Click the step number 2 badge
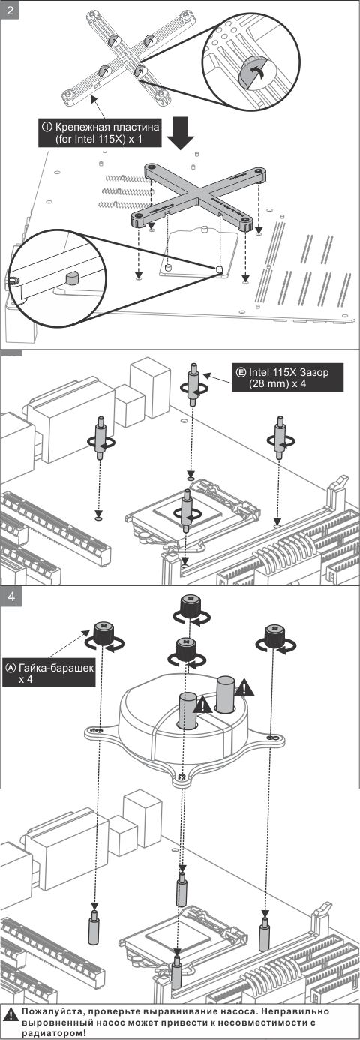10,10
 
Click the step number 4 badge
10,596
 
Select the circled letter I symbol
47,126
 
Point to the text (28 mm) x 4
277,384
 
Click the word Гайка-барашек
56,668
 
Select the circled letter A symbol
10,668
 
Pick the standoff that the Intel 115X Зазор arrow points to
194,383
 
